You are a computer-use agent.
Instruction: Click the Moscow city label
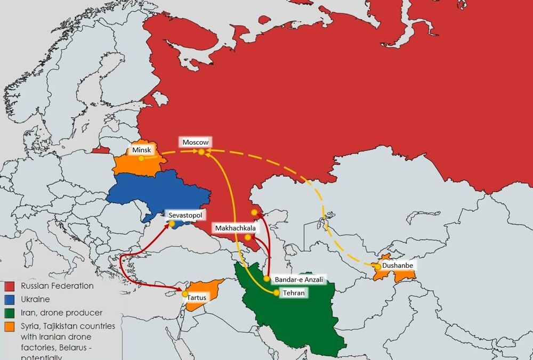point(195,142)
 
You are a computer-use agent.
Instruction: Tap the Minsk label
point(142,150)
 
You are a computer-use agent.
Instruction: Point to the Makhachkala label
point(236,228)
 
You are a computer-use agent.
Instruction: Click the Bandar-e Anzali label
point(299,279)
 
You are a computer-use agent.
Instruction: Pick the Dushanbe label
point(398,265)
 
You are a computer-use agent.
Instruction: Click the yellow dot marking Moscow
point(201,152)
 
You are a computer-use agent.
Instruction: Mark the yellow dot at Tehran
point(276,292)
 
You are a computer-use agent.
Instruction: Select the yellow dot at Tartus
point(185,294)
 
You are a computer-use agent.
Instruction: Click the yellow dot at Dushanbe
point(377,266)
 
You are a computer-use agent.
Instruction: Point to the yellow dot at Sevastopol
point(172,224)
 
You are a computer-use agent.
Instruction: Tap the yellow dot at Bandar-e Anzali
point(266,279)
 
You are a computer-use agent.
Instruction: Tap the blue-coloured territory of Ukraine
point(155,192)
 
